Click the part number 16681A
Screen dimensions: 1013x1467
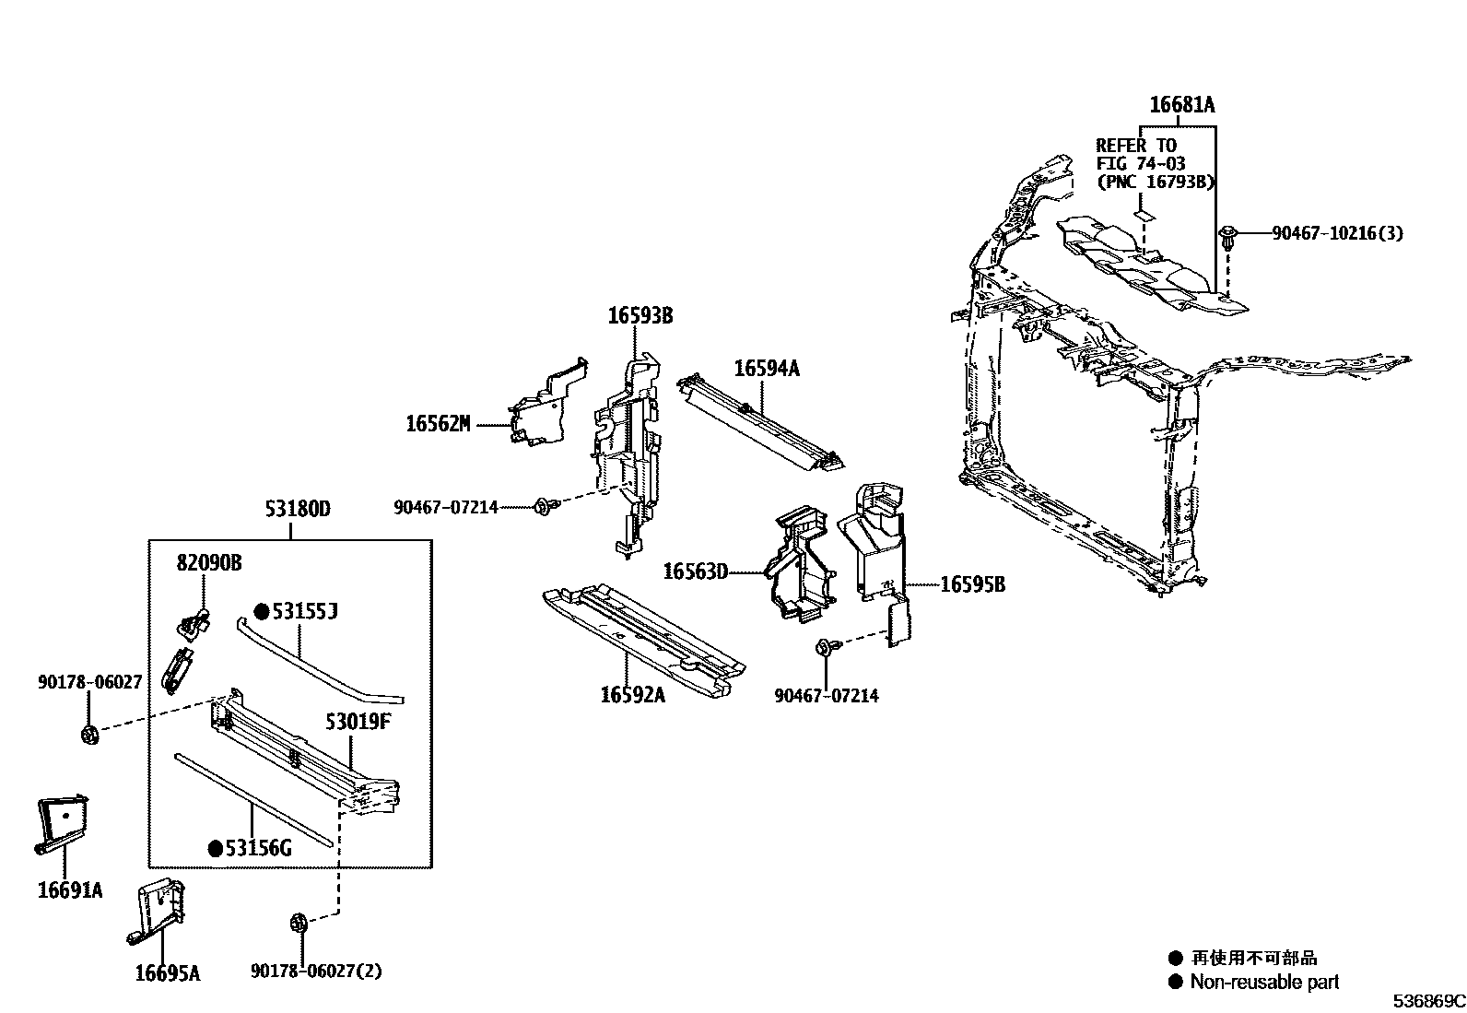pyautogui.click(x=1181, y=106)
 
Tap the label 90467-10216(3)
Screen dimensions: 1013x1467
pyautogui.click(x=1337, y=233)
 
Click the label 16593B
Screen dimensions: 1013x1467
pyautogui.click(x=640, y=316)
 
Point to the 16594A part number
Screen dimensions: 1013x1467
pyautogui.click(x=766, y=369)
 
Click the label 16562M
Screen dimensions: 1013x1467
pyautogui.click(x=438, y=424)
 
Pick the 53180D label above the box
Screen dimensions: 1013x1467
pyautogui.click(x=297, y=508)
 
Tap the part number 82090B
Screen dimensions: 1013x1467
pyautogui.click(x=209, y=562)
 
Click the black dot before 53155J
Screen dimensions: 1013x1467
pyautogui.click(x=262, y=611)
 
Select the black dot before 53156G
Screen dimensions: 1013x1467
pyautogui.click(x=216, y=849)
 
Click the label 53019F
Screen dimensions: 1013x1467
pyautogui.click(x=358, y=721)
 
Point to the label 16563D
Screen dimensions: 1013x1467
pyautogui.click(x=695, y=572)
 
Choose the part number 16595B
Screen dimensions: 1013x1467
pyautogui.click(x=972, y=584)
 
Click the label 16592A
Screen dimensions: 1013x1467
pyautogui.click(x=632, y=694)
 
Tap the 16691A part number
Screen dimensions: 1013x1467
pyautogui.click(x=70, y=890)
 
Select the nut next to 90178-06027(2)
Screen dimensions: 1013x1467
pyautogui.click(x=298, y=922)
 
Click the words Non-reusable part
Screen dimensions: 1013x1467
pyautogui.click(x=1264, y=983)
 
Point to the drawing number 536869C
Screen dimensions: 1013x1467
pyautogui.click(x=1428, y=1001)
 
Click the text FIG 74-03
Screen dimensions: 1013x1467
pyautogui.click(x=1141, y=163)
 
